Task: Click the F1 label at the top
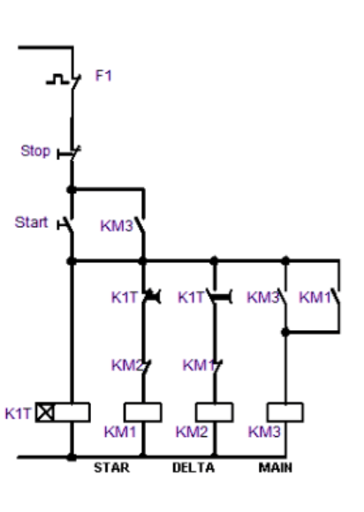(103, 76)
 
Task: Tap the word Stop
(35, 151)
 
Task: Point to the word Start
(31, 222)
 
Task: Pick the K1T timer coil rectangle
(72, 411)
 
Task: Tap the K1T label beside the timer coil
(18, 412)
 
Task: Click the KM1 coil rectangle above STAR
(142, 411)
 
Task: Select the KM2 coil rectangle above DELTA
(214, 411)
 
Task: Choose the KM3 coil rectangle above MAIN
(284, 411)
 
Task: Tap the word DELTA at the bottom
(193, 468)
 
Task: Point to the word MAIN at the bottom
(269, 468)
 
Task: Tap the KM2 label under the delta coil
(191, 432)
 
